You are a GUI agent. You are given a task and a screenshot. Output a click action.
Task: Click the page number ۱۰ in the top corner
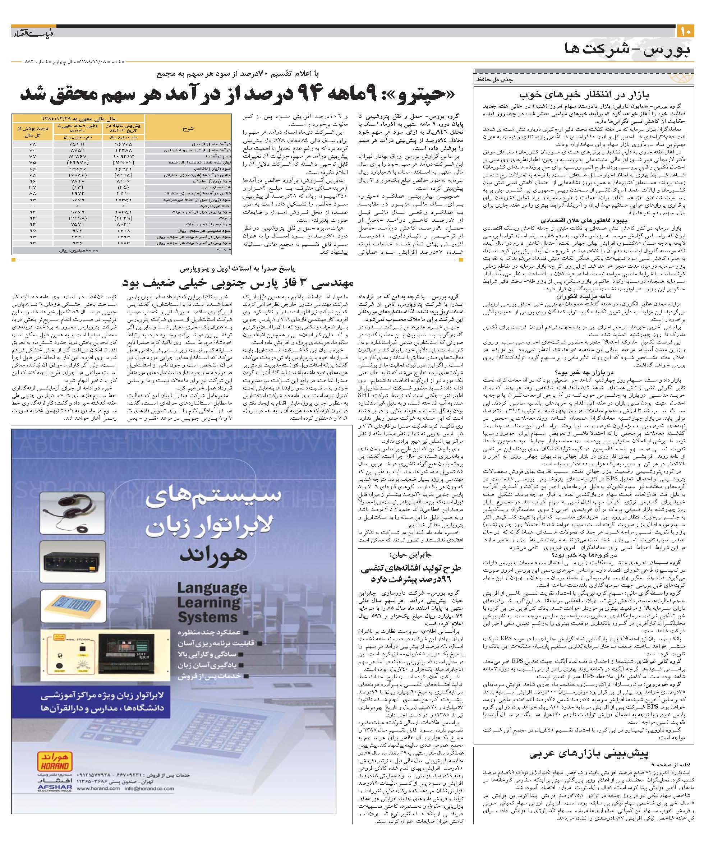(686, 31)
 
